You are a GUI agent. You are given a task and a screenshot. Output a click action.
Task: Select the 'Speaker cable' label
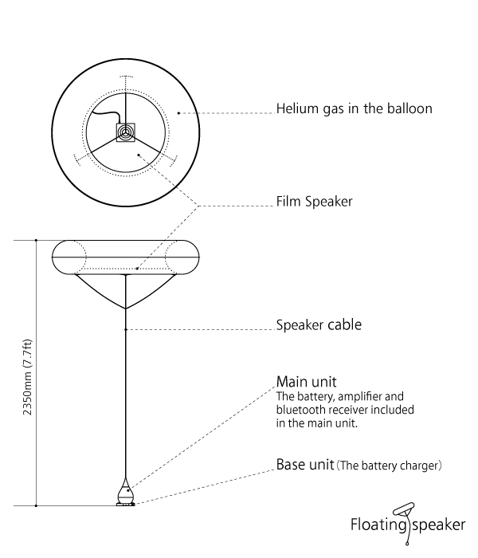pos(319,325)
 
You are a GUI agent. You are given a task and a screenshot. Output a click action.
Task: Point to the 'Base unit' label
pos(305,464)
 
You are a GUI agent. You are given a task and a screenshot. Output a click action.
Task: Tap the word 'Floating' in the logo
pos(378,525)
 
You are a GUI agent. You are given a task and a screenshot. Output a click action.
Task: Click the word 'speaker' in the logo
pos(438,525)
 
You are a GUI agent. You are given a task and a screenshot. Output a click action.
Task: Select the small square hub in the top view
pos(125,132)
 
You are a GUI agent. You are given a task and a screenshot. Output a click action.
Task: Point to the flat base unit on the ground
pos(125,501)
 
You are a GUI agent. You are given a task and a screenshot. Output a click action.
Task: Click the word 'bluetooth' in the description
pos(304,410)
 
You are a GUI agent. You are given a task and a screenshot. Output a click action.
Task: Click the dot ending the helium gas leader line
pos(179,113)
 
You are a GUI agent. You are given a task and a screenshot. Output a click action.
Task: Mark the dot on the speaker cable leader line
pos(125,328)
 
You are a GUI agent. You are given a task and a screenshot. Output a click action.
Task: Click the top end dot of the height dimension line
pos(37,240)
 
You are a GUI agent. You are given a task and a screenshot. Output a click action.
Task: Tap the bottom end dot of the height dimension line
pos(37,505)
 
